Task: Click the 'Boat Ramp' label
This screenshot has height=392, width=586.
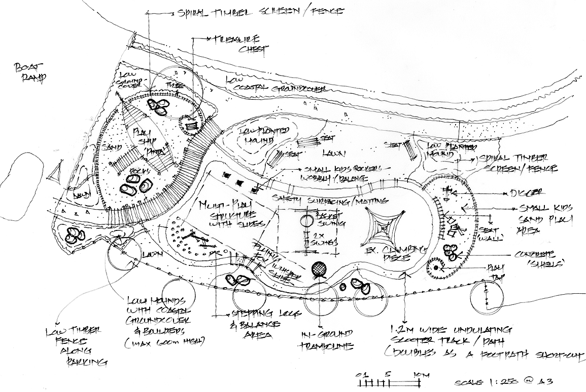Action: pos(29,72)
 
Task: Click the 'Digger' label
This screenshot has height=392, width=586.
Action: pos(530,193)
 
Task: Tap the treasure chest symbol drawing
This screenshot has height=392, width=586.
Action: pos(191,124)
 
